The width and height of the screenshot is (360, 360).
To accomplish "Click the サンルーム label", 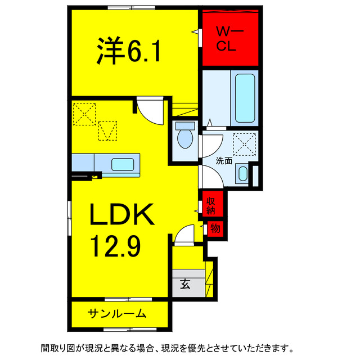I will click(117, 313).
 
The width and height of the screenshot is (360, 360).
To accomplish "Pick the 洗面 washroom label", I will click(224, 160).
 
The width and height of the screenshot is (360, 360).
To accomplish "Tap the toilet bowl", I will click(184, 137).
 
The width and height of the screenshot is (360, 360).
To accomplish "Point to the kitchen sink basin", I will click(123, 165).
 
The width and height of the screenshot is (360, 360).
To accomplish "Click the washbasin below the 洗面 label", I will click(242, 173).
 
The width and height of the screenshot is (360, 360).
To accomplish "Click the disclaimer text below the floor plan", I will click(166, 346).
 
